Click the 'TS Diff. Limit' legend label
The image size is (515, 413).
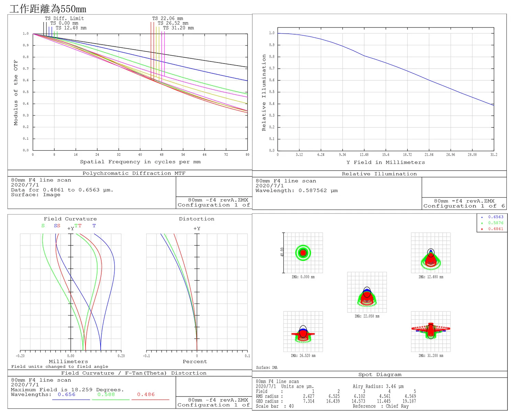[x=65, y=19]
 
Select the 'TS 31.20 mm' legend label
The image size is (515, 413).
[x=178, y=28]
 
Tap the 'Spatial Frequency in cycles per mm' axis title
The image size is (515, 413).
[x=140, y=162]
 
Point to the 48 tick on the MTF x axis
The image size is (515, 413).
[x=162, y=154]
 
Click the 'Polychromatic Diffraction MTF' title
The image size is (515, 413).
[x=134, y=173]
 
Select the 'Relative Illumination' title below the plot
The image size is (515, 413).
[x=379, y=174]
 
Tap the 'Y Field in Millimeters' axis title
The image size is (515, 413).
[x=386, y=162]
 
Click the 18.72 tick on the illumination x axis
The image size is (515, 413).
[x=407, y=155]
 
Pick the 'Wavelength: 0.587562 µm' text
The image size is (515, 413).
[x=297, y=191]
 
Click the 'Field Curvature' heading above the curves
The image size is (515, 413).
[x=70, y=219]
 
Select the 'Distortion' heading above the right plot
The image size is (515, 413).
[x=196, y=219]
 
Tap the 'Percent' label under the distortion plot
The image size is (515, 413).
[x=195, y=362]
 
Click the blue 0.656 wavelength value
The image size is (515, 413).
[x=66, y=394]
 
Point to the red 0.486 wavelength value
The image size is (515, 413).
[x=146, y=394]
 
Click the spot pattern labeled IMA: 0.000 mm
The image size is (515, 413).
[x=303, y=253]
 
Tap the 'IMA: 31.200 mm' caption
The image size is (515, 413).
[x=431, y=356]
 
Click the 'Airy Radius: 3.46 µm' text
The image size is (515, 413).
[x=378, y=387]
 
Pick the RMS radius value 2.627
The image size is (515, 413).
[x=308, y=396]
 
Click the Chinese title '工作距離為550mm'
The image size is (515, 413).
[x=48, y=9]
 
